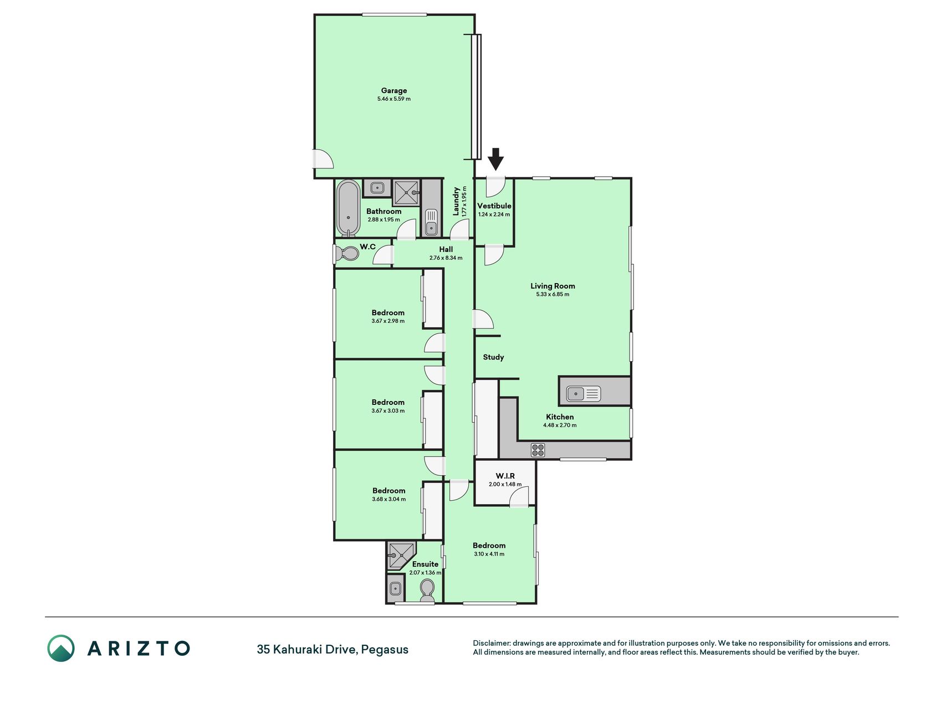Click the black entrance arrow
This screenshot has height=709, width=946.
click(x=495, y=158)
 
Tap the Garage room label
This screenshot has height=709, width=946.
click(x=394, y=90)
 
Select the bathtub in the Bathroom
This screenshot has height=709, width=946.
click(x=348, y=208)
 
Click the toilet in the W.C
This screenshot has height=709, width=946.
click(x=347, y=254)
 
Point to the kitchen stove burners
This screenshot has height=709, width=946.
click(x=538, y=450)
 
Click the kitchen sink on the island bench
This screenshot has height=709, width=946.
click(x=583, y=394)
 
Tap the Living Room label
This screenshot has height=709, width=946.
click(x=553, y=286)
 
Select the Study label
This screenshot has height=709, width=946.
click(x=493, y=357)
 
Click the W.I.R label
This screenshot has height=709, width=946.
click(x=505, y=476)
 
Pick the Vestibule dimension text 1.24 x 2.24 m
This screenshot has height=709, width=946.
click(x=494, y=214)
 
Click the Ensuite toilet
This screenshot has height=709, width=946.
click(x=427, y=590)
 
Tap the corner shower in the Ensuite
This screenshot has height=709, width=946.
click(x=401, y=556)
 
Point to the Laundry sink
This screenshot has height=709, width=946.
click(x=431, y=222)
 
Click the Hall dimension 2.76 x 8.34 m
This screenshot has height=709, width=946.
click(x=446, y=258)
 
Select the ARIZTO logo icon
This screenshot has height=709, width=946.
click(x=61, y=648)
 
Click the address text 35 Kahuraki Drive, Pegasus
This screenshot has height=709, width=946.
click(x=333, y=649)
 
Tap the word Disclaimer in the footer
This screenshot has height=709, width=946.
click(x=491, y=643)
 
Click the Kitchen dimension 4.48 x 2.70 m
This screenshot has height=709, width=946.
click(x=560, y=425)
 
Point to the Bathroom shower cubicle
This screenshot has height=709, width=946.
click(x=406, y=192)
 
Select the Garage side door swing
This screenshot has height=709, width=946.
click(x=324, y=159)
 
